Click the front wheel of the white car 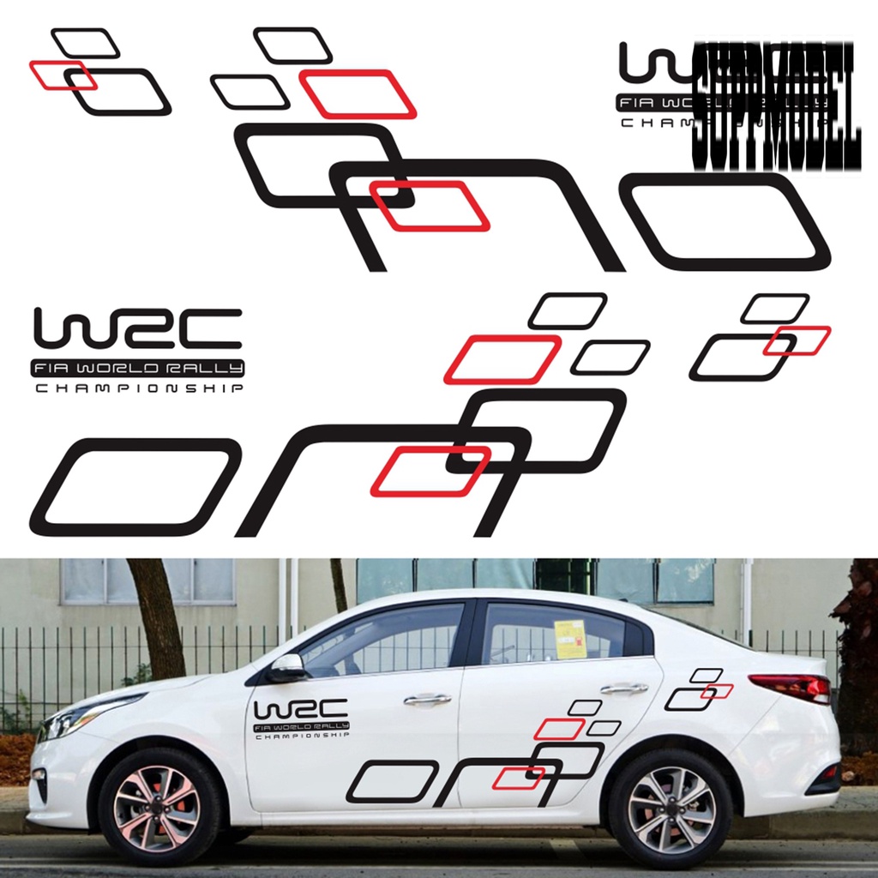(x=158, y=807)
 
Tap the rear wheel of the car (x=670, y=808)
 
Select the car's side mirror (x=286, y=668)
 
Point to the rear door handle (x=624, y=688)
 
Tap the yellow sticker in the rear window (x=569, y=639)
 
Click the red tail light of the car (x=792, y=686)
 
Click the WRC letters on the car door (x=300, y=709)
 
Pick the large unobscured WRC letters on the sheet (x=137, y=329)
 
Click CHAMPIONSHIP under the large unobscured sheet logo (x=137, y=389)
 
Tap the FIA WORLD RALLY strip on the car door (x=301, y=726)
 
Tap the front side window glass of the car (x=390, y=639)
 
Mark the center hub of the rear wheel (x=670, y=808)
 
